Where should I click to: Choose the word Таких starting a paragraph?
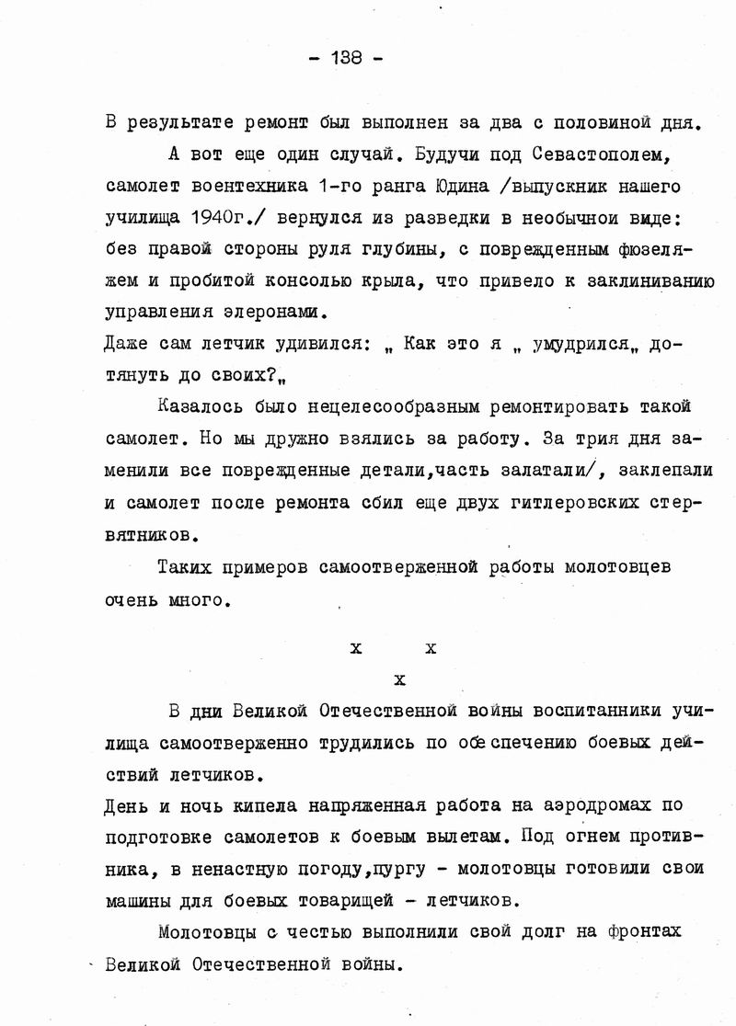click(x=185, y=566)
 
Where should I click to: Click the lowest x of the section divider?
click(x=398, y=681)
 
